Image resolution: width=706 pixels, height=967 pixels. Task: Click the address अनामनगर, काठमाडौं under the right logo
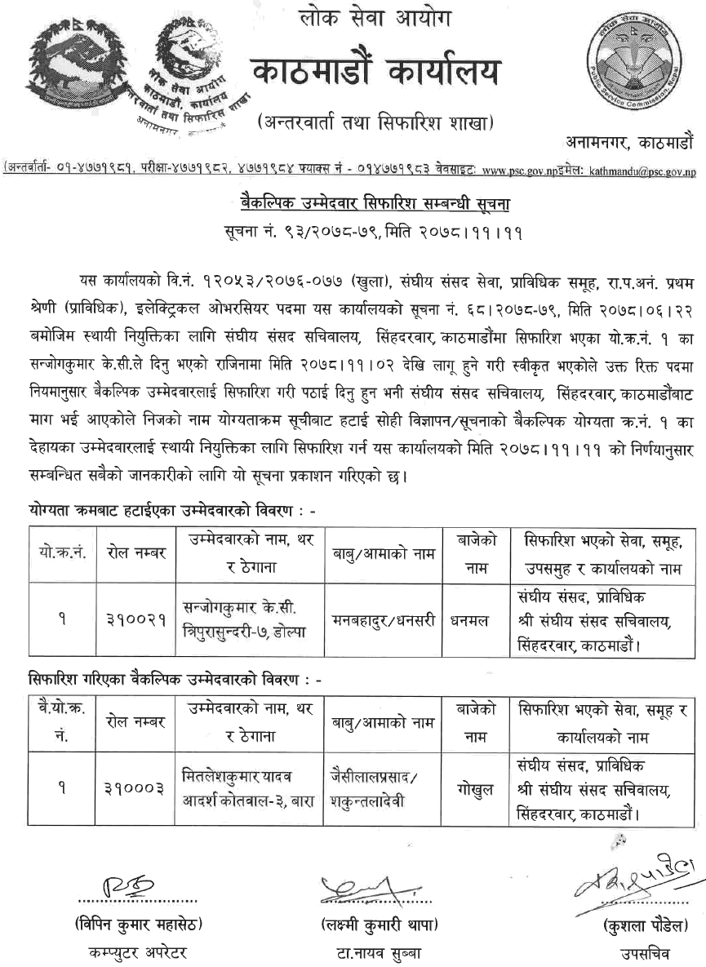tap(629, 140)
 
